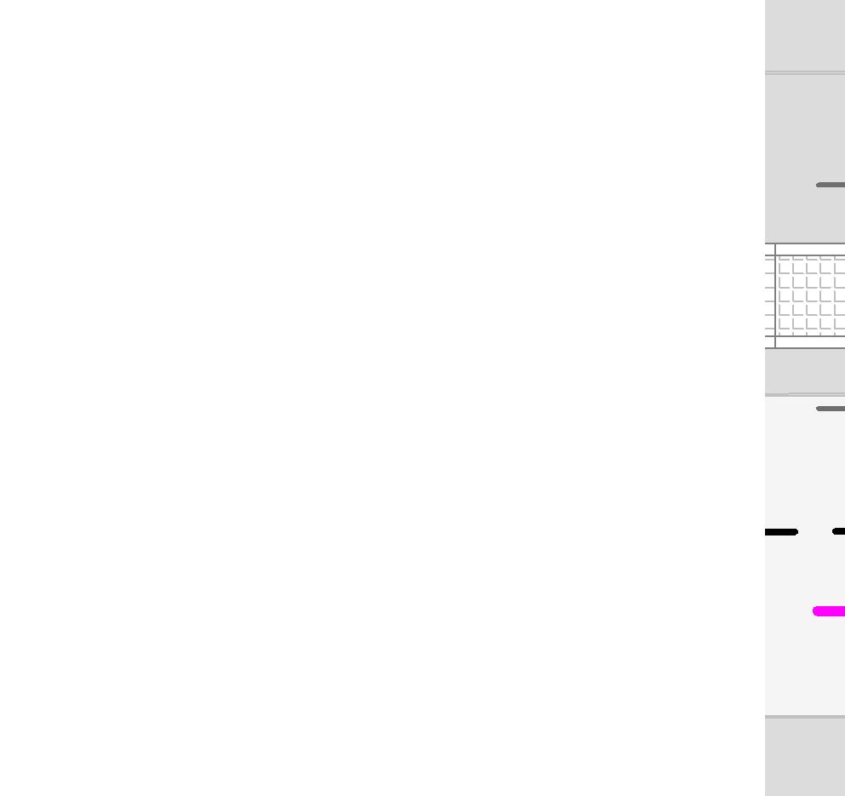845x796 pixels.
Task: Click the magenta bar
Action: [x=830, y=610]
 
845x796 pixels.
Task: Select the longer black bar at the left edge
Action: [x=780, y=532]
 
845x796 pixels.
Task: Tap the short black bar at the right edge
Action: [x=839, y=531]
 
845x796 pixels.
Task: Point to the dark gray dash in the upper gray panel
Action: [x=831, y=185]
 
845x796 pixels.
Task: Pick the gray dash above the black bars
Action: [x=831, y=409]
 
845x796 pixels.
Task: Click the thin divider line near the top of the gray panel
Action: [x=805, y=72]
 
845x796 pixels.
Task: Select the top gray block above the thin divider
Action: [x=805, y=34]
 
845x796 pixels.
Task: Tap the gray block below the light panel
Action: [x=805, y=758]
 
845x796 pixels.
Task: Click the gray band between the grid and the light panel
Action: [x=805, y=370]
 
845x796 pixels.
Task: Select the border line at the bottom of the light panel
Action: [x=805, y=717]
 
